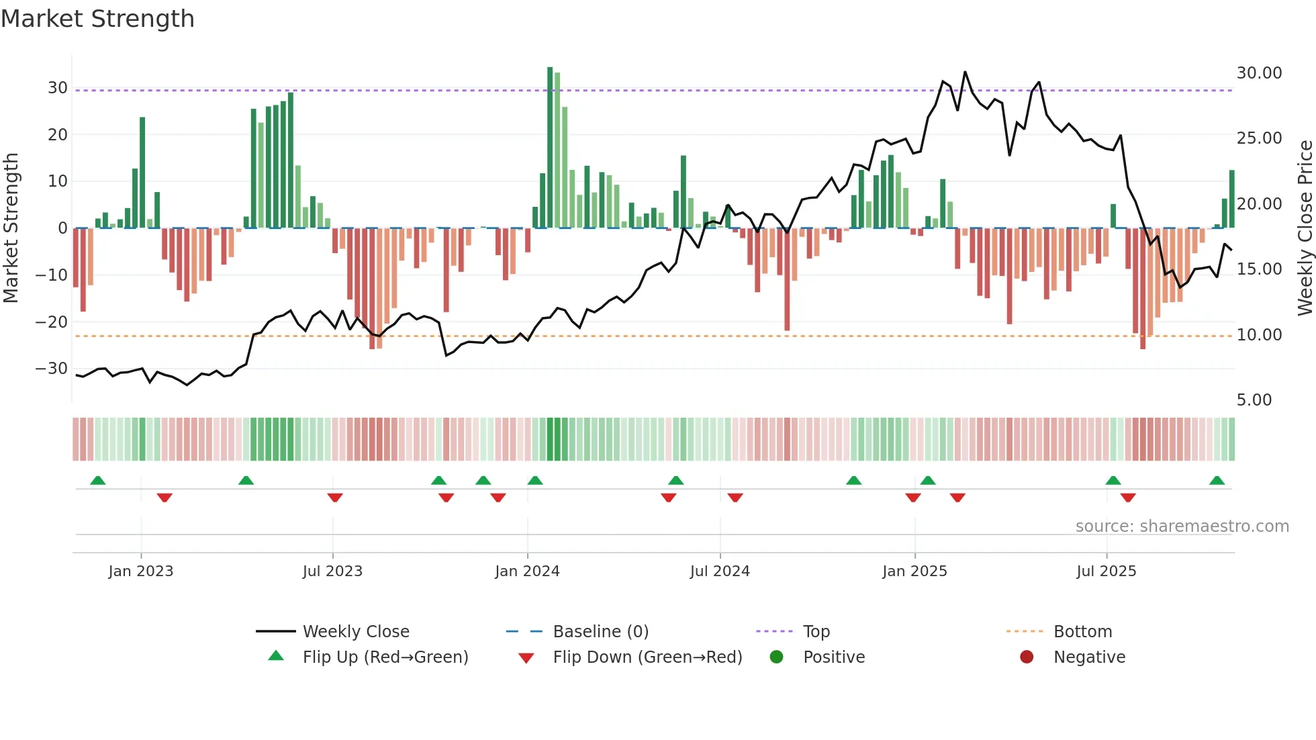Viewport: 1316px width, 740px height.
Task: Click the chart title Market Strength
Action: (97, 19)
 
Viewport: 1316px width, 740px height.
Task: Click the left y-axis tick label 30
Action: (57, 88)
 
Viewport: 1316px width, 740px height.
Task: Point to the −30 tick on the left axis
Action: (52, 369)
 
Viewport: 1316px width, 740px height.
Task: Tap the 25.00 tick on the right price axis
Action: (1259, 138)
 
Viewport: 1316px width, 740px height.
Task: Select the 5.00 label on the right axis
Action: (1254, 400)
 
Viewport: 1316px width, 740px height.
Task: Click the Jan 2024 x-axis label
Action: (527, 571)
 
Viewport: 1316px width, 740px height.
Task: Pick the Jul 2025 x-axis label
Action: (1106, 571)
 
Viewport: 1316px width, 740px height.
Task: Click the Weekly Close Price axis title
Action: (1305, 228)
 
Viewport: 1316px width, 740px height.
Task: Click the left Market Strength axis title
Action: (11, 228)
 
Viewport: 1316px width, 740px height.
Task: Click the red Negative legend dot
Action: (1027, 657)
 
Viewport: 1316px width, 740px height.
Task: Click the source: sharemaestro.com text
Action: (1182, 526)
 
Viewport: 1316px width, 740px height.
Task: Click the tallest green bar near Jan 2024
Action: (550, 148)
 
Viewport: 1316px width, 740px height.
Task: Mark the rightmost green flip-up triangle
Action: (1217, 481)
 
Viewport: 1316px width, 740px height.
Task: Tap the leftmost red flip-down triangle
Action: (164, 498)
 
